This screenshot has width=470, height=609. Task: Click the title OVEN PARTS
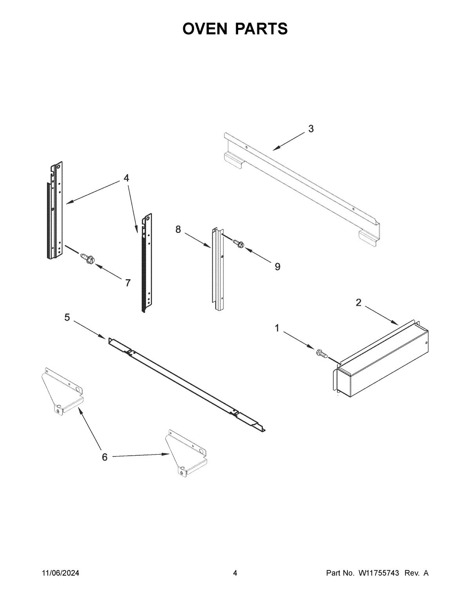pos(235,29)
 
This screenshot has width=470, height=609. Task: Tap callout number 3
pos(311,129)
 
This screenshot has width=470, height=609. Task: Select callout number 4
pos(126,178)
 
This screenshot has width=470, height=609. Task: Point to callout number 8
pos(178,229)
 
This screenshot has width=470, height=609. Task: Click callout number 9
pos(277,267)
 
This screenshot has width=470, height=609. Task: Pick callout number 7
pos(128,283)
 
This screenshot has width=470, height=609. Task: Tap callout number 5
pos(67,317)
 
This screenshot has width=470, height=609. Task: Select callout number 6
pos(105,457)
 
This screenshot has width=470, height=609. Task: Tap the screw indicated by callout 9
pos(239,244)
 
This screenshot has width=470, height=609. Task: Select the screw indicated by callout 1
pos(321,353)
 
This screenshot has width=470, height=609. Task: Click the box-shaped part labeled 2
pos(384,361)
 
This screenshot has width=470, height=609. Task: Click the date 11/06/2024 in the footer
pos(60,573)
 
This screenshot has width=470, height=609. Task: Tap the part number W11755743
pos(378,573)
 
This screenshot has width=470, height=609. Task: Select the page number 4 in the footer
pos(235,573)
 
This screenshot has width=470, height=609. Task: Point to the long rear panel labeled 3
pos(302,184)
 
